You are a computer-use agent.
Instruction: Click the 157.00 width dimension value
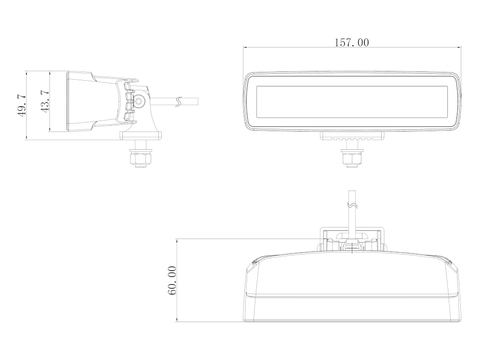pos(352,42)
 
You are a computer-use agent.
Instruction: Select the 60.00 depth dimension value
pos(172,280)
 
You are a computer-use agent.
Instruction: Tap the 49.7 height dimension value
pos(22,106)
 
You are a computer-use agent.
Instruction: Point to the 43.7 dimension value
pos(45,101)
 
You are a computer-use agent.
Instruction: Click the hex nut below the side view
pos(141,159)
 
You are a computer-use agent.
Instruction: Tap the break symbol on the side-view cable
pos(178,101)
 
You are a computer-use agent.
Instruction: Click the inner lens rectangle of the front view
pos(352,101)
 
